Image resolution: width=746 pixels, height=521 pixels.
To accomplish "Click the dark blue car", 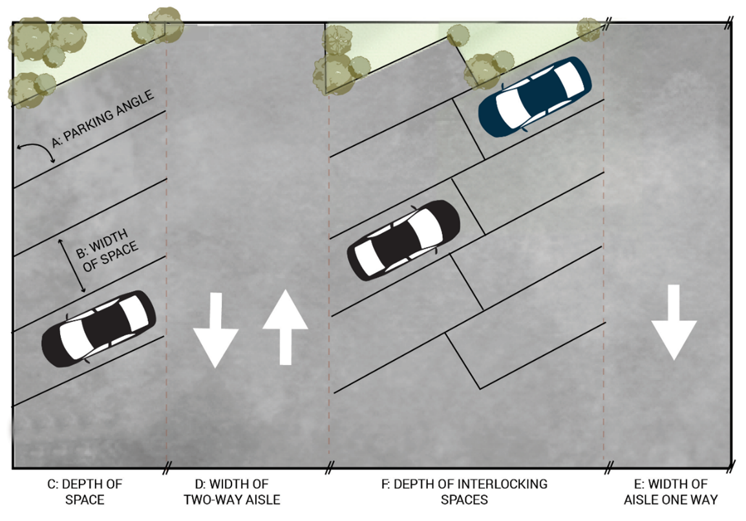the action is [535, 97].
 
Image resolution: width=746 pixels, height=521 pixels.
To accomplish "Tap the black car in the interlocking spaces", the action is [403, 240].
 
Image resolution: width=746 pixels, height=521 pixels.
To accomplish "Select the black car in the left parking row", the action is [99, 329].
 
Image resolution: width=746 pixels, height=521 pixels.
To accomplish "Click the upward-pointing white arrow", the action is [286, 327].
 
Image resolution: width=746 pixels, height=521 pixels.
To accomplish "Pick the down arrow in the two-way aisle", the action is [215, 330].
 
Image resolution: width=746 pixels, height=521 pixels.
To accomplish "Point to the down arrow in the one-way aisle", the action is [674, 322].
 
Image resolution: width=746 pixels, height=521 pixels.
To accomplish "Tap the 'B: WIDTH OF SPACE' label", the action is [107, 250].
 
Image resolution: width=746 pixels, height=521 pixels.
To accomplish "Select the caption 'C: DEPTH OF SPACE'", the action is [85, 492].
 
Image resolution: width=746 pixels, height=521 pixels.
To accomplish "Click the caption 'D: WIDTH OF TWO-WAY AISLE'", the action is [232, 492].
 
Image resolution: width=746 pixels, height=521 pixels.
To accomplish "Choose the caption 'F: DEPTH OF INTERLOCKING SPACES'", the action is [464, 492].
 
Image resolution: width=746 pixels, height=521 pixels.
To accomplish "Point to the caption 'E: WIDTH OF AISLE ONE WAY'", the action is [671, 492].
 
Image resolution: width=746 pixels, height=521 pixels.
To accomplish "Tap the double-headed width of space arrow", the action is [72, 266].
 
